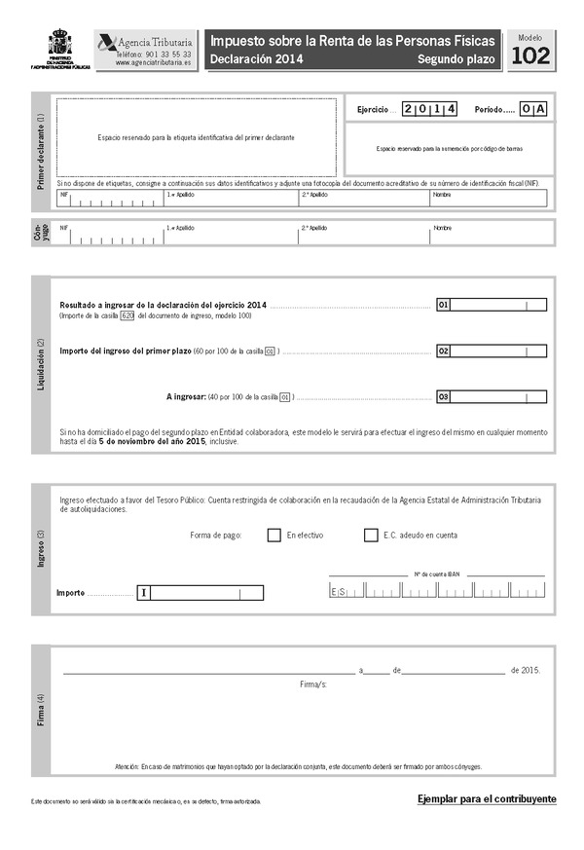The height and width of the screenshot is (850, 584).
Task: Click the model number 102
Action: coord(529,56)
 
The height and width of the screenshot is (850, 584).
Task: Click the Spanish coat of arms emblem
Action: coord(60,44)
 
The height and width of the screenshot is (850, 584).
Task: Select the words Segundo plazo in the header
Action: coord(456,60)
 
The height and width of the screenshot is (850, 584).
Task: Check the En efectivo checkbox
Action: coord(274,535)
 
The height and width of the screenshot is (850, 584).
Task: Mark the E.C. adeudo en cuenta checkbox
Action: coord(371,535)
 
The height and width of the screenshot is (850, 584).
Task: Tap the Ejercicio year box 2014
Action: coord(429,109)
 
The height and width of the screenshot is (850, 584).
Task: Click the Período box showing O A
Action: coord(533,109)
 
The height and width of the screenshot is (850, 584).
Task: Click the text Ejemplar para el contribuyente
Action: coord(487,798)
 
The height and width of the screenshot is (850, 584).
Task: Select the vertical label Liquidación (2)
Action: coord(40,364)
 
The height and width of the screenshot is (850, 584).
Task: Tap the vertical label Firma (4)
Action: coord(40,711)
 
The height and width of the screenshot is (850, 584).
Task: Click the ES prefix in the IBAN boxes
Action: coord(339,592)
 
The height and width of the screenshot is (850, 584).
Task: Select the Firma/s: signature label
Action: coord(313,685)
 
